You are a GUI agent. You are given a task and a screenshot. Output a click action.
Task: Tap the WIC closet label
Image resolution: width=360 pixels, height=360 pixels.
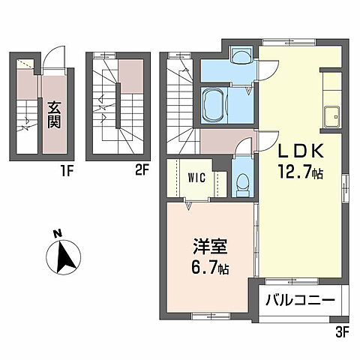click(x=199, y=178)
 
